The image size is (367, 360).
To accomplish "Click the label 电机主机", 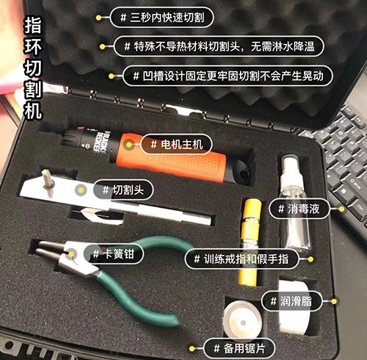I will coord(170,143).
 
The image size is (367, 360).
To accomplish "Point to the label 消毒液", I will coord(299,209).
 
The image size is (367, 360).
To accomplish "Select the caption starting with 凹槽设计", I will coord(228,75).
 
